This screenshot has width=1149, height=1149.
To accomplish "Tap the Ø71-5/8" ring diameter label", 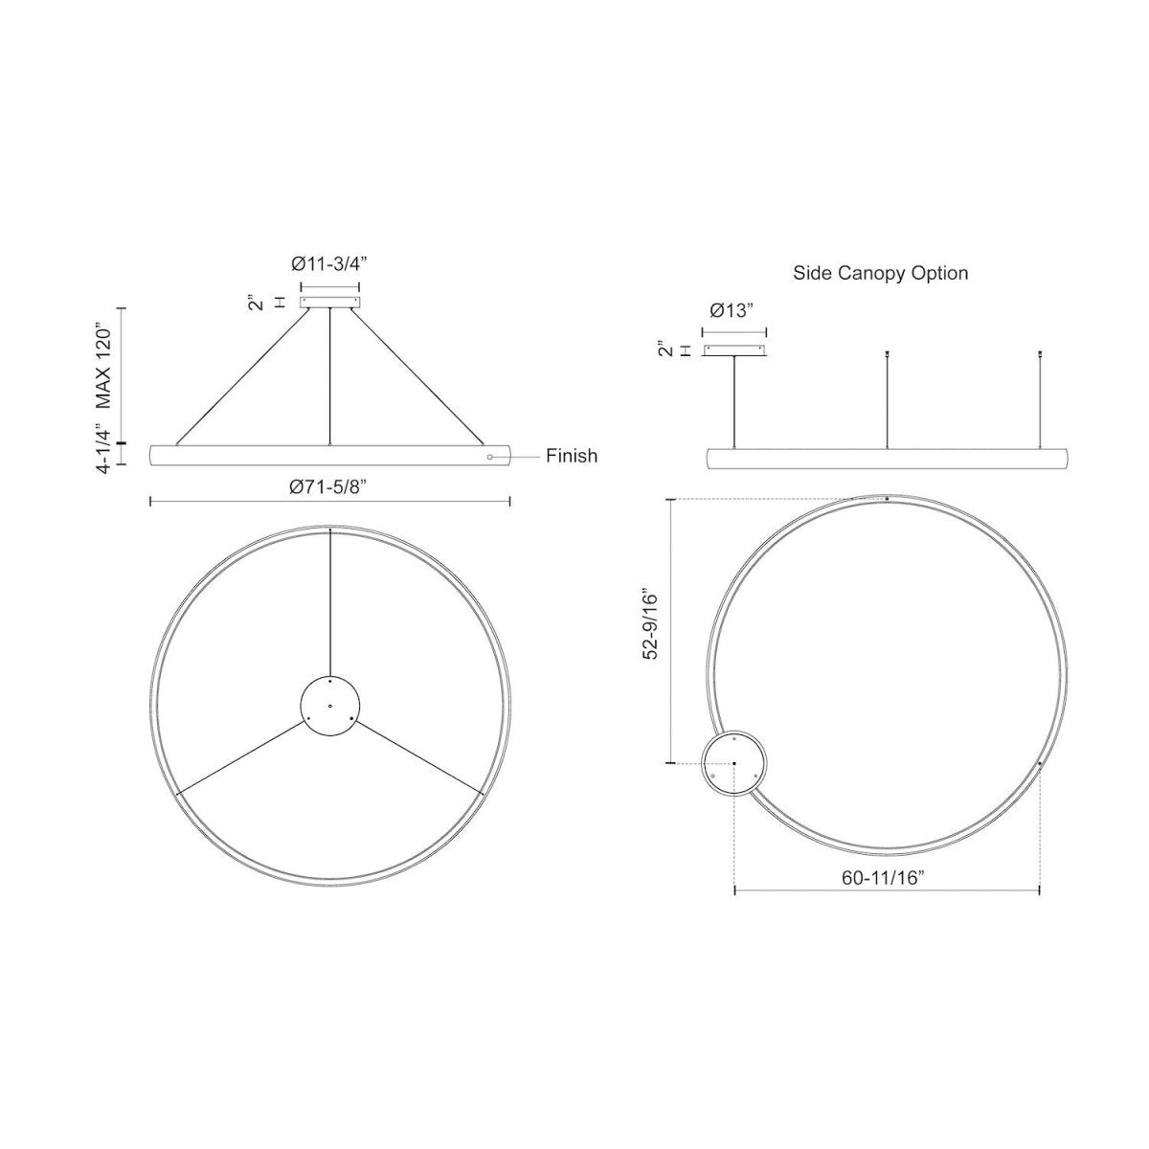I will point(329,486).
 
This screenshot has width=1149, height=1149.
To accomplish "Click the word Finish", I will point(572,456).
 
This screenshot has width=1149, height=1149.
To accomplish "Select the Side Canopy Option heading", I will point(880,273).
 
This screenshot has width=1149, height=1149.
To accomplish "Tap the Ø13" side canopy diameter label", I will point(732,310).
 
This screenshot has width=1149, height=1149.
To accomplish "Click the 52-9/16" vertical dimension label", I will point(652,621).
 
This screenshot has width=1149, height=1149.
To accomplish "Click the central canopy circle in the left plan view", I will point(329,705).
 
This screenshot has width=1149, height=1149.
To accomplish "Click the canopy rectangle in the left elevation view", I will point(329,302).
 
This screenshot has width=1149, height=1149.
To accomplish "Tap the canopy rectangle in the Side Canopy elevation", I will point(734,350).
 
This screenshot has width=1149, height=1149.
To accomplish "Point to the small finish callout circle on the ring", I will point(490,458).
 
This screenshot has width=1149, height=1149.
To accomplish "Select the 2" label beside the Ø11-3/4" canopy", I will point(255,303).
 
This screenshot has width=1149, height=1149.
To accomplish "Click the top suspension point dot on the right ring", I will point(888,499).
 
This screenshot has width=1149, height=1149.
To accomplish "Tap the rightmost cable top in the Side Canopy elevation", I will point(1041,355).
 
